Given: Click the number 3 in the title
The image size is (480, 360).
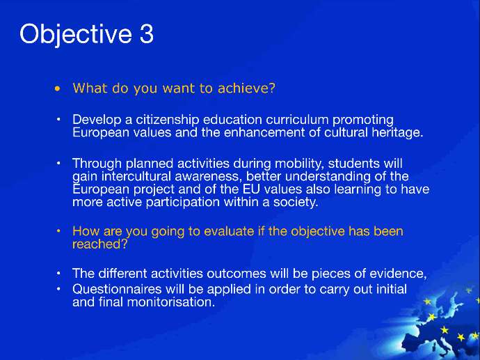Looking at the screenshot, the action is click(x=147, y=33).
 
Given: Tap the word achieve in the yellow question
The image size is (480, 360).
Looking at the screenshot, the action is click(x=246, y=88).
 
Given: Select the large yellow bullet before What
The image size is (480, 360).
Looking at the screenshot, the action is click(x=58, y=89).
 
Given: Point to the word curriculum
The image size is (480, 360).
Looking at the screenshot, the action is click(x=297, y=120).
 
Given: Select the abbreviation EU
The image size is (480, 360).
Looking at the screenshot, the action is click(x=251, y=189).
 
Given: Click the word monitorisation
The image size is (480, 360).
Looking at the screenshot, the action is click(x=171, y=302).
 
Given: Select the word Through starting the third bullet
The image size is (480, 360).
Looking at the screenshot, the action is click(x=97, y=164).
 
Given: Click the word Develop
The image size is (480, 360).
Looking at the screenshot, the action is click(x=97, y=120).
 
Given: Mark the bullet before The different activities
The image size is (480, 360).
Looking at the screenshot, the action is click(x=58, y=273).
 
